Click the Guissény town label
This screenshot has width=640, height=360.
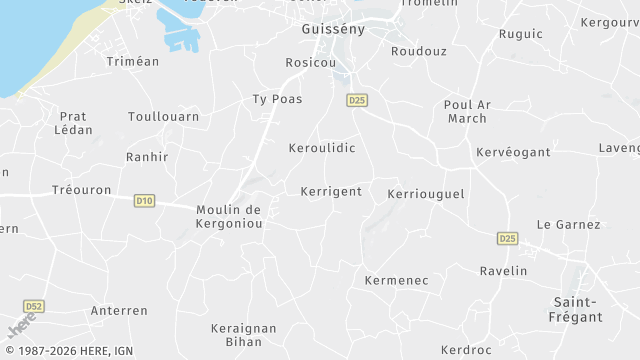[333, 29]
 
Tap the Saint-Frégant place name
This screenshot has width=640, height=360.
[578, 309]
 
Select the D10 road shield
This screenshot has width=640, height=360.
[144, 201]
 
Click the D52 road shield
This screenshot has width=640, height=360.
[34, 306]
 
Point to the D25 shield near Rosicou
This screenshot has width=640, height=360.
[357, 100]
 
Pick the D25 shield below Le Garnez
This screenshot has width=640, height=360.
[507, 238]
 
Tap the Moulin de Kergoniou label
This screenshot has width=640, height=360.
[229, 216]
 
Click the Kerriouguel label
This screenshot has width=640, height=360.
[426, 193]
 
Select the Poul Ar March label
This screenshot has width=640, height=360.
[466, 111]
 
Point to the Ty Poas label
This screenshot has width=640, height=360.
[277, 99]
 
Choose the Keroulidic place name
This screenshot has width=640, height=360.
[322, 147]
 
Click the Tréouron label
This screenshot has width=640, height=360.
[76, 189]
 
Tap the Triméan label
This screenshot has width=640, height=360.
[132, 61]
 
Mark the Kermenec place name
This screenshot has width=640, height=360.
[396, 280]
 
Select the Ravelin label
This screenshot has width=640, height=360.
[503, 271]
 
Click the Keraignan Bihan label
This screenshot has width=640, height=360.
[243, 334]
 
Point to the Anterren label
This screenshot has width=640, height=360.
[119, 311]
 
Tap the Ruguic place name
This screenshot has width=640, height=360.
[520, 34]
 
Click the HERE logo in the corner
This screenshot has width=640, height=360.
[20, 325]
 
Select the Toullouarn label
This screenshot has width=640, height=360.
[163, 116]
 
